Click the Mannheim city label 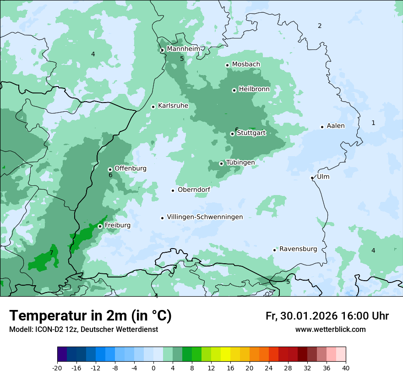(183, 49)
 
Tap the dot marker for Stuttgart (232, 134)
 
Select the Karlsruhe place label (173, 106)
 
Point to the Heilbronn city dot (234, 90)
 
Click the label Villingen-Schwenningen (205, 217)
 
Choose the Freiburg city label (117, 225)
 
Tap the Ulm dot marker (312, 178)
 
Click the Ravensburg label (298, 249)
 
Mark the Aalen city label (336, 126)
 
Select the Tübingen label (240, 163)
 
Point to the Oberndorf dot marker (173, 190)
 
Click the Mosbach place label (246, 64)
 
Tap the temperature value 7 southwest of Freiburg (51, 253)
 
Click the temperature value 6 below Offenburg (110, 175)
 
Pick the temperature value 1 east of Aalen (373, 123)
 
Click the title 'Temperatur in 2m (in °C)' (91, 315)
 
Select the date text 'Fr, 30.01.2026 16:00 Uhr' (327, 316)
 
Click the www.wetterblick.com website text (330, 329)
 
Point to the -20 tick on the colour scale (57, 368)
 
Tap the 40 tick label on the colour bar (346, 368)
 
